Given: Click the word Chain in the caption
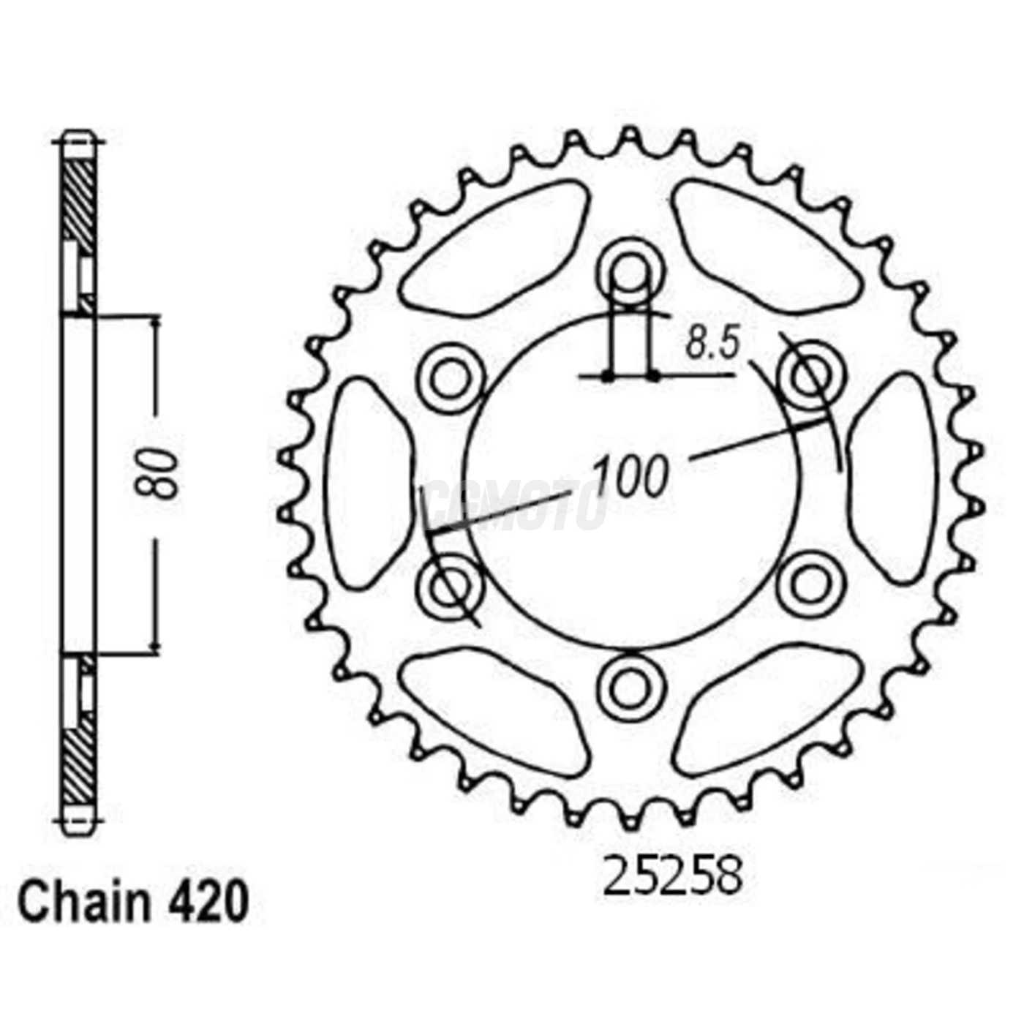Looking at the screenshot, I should click(x=83, y=903).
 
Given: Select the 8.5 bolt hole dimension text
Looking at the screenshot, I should click(x=713, y=343).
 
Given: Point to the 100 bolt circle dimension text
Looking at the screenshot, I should click(x=630, y=475).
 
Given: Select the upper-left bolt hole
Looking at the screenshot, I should click(x=451, y=379).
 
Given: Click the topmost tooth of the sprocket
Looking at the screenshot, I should click(x=630, y=139).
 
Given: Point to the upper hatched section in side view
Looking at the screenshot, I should click(x=78, y=201).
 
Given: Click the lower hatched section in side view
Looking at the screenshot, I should click(x=78, y=761).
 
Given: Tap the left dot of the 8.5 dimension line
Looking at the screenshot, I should click(x=606, y=377).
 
